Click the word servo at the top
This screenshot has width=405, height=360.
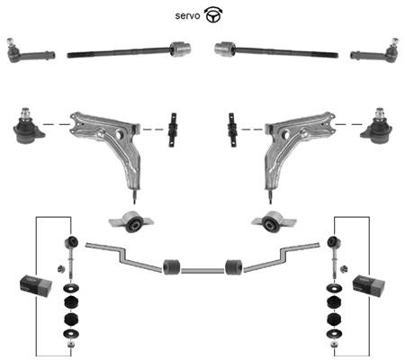(x=187, y=15)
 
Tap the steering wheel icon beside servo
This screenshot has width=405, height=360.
(x=213, y=15)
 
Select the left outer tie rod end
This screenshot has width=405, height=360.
(x=30, y=51)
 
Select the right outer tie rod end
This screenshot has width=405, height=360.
(x=374, y=51)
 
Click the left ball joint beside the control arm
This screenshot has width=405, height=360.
(x=28, y=127)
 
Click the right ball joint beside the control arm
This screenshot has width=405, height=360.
(x=377, y=127)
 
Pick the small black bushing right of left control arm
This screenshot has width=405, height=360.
(x=173, y=130)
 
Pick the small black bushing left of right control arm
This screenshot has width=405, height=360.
(x=232, y=130)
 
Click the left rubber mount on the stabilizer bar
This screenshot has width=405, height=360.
(x=172, y=266)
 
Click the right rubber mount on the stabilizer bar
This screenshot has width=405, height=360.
(x=234, y=266)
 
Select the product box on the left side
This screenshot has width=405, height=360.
(x=36, y=285)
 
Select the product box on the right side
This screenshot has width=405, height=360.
(x=369, y=285)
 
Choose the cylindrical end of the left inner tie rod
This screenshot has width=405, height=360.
(x=181, y=49)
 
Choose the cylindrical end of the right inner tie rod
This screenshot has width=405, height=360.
(x=225, y=49)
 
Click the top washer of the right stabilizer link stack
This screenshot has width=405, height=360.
(x=334, y=289)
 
